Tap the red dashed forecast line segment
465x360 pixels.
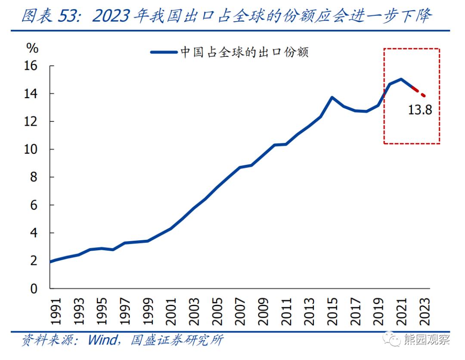419,92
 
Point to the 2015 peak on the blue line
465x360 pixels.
332,97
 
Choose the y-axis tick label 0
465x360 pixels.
34,289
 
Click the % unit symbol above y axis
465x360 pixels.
32,48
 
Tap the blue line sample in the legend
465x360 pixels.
164,53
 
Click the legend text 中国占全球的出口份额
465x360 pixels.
244,53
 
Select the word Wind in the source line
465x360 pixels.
102,340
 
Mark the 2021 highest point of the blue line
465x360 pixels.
401,79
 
